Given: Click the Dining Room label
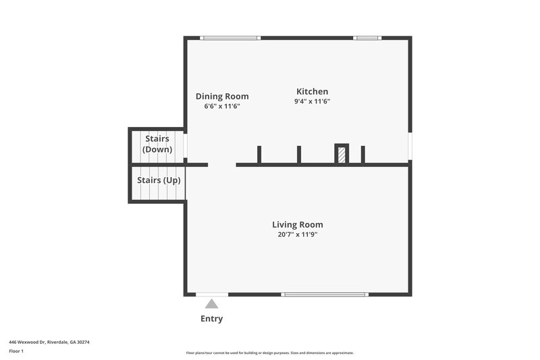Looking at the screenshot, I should (222, 97).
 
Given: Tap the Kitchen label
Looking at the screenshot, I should (312, 92).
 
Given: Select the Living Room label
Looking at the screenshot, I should (297, 224).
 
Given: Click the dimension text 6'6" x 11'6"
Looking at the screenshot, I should (222, 107).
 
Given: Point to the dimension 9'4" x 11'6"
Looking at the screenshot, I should (312, 101).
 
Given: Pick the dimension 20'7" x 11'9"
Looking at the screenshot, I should (297, 234).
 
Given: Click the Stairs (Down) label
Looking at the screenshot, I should (157, 144).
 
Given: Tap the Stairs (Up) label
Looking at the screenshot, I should (159, 180).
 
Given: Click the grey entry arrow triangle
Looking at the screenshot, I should (212, 305).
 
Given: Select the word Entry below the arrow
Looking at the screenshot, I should (211, 319).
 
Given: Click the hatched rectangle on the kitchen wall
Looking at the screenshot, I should (342, 155).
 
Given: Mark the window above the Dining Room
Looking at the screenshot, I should (230, 38).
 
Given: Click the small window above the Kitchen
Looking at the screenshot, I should (368, 38).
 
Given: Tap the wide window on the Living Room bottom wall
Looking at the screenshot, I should (324, 294).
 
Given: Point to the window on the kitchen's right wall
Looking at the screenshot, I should (410, 146).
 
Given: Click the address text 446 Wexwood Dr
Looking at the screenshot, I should (49, 342).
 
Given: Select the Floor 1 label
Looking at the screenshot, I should (16, 351).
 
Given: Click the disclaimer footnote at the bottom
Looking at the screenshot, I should (269, 353).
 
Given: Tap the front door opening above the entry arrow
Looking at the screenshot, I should (212, 294).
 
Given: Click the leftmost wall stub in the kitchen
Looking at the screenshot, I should (259, 155).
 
